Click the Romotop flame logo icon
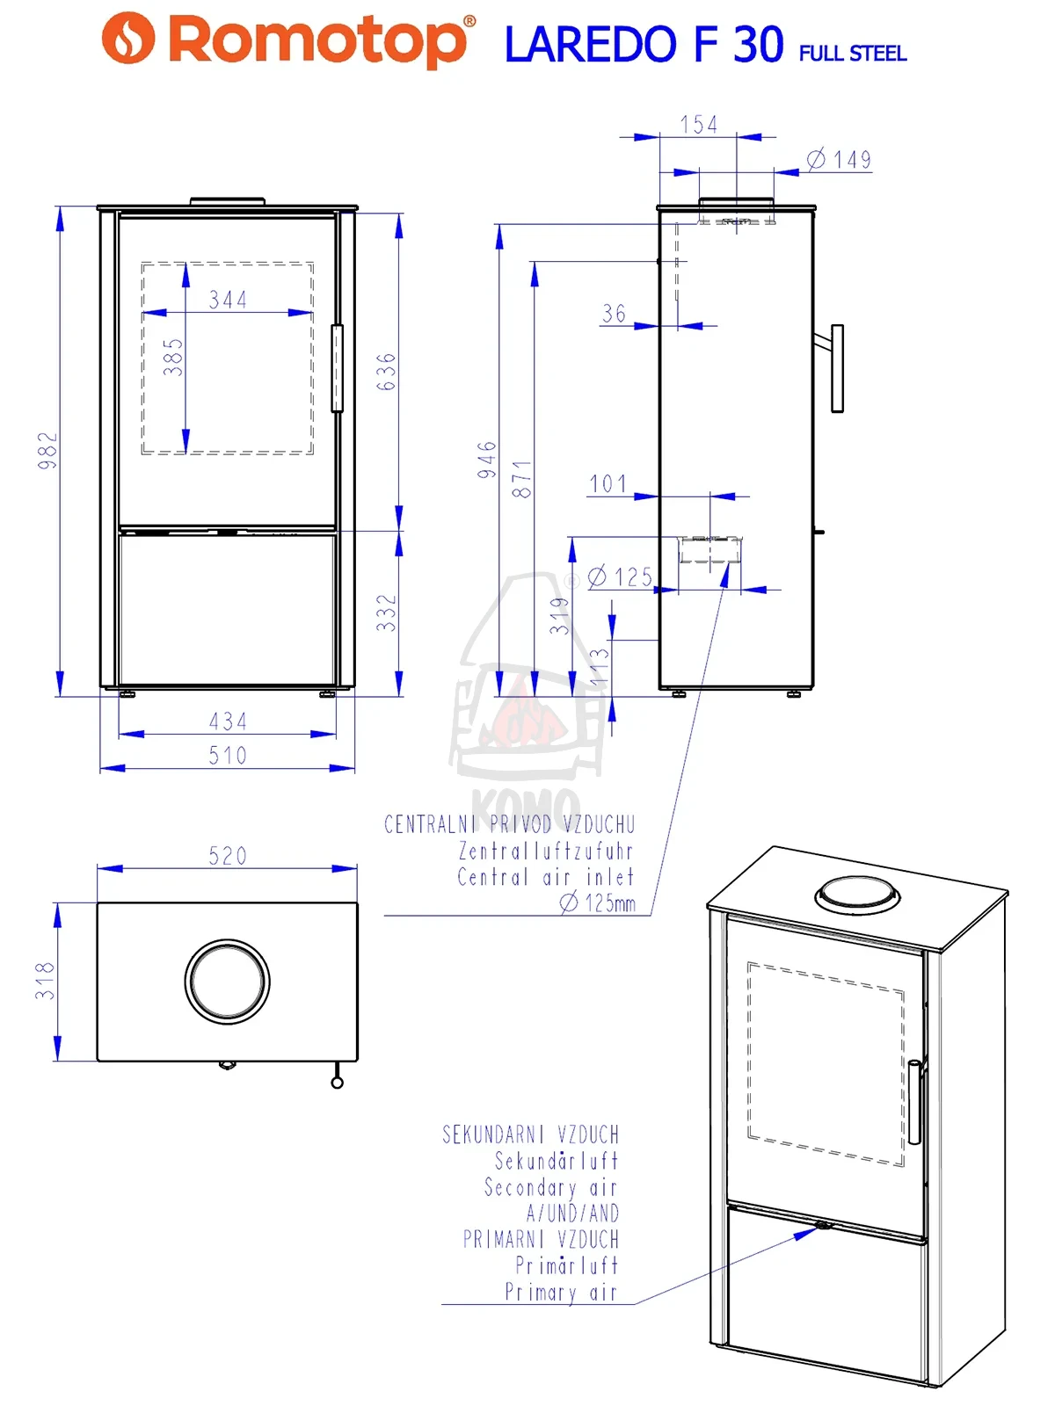click(128, 38)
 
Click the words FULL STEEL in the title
click(852, 54)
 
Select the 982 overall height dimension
click(47, 450)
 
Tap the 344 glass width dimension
click(228, 300)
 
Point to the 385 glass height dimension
click(173, 358)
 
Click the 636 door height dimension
click(386, 372)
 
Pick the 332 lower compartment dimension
click(386, 612)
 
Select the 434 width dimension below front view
click(228, 721)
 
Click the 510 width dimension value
click(228, 756)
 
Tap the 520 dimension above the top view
click(228, 856)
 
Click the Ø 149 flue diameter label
click(840, 160)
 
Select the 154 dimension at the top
click(699, 125)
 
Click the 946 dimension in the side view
click(487, 460)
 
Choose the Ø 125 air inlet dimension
click(621, 577)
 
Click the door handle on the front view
click(337, 368)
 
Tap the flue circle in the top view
click(228, 982)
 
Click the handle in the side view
click(837, 368)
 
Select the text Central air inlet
click(545, 877)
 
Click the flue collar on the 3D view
click(857, 895)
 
